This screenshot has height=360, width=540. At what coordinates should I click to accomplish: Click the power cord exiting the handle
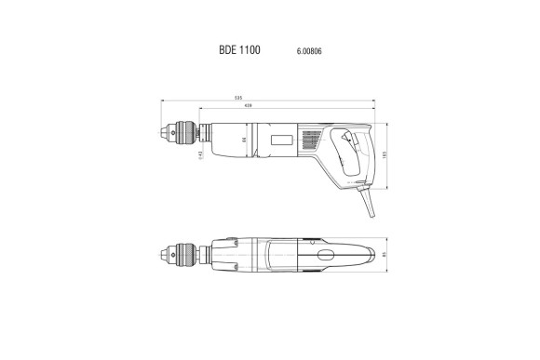[369, 200]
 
